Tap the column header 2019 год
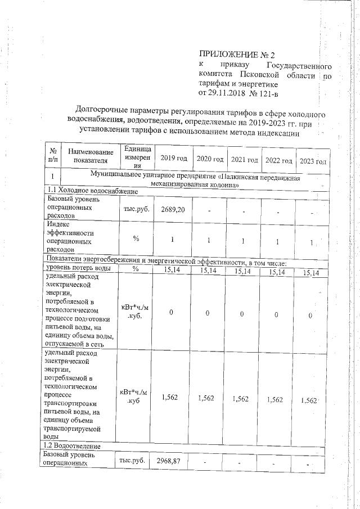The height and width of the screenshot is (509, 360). click(x=173, y=159)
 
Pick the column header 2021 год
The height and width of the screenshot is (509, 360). click(x=244, y=160)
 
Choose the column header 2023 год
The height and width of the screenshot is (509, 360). click(x=313, y=161)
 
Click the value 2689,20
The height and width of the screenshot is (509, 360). click(x=172, y=209)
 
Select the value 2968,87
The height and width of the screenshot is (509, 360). click(x=172, y=461)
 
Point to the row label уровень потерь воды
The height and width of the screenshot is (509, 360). click(x=78, y=269)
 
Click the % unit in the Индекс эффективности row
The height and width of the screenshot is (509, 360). click(x=136, y=238)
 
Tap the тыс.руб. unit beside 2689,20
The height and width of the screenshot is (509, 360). click(x=136, y=209)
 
